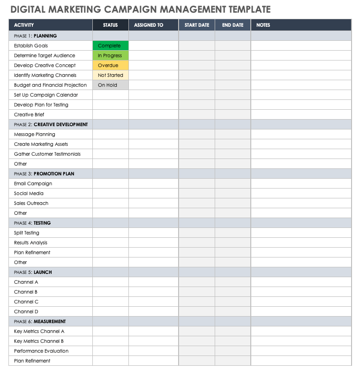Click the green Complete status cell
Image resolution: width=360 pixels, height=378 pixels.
110,46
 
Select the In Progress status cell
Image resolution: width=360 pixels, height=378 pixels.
110,56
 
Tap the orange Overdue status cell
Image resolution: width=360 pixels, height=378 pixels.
110,66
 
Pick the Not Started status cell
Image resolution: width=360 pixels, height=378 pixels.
110,76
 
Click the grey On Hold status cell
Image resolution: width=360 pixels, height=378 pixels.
110,85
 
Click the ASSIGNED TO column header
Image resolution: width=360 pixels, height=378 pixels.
149,25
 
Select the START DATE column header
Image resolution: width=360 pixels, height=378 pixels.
197,25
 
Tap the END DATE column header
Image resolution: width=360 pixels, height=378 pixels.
233,25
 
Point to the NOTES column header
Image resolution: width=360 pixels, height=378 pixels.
263,25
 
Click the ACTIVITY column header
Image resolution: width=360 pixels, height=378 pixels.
24,25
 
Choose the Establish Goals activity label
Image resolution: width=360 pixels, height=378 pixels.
31,46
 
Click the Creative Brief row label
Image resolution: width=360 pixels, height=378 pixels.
30,115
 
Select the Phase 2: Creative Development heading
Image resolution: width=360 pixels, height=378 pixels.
51,125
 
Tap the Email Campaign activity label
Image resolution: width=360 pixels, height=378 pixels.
33,184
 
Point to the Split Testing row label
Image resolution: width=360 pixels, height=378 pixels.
27,233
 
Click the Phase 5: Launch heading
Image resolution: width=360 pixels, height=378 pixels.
33,272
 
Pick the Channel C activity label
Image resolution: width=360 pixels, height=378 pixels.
26,302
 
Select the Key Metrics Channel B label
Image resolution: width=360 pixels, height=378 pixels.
39,341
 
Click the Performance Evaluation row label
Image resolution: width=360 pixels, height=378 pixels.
41,351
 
